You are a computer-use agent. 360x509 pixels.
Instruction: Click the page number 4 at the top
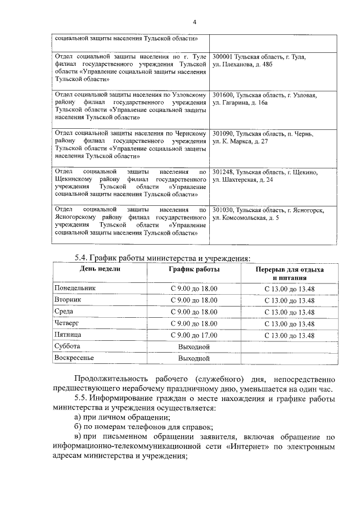coord(195,23)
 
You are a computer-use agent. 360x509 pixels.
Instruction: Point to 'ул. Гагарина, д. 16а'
coord(243,103)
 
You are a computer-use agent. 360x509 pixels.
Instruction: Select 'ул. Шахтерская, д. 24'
coord(243,180)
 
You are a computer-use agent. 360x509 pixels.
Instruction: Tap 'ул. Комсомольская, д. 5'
coord(246,218)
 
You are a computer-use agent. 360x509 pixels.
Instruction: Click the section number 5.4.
coord(82,259)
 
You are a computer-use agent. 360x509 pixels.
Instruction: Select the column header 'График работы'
coord(194,269)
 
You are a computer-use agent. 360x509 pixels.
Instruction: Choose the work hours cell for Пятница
coord(194,335)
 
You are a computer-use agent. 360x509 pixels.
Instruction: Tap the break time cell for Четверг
coord(289,323)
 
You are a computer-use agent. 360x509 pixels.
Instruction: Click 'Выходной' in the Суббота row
coord(194,346)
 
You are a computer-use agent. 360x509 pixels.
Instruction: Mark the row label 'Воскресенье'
coord(74,358)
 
